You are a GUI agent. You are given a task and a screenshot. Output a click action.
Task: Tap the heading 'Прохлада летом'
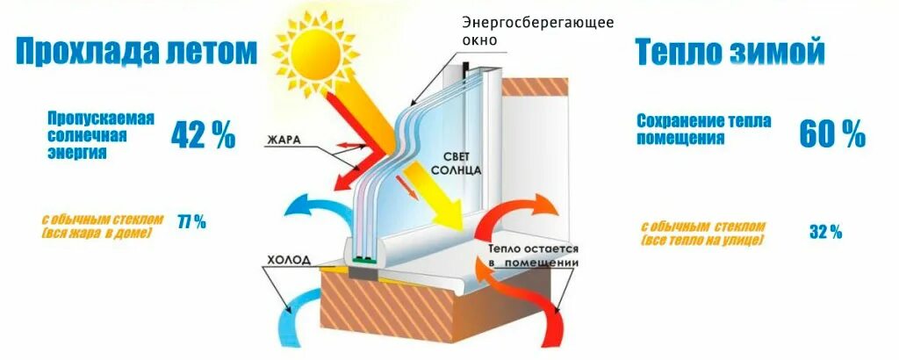click(136, 51)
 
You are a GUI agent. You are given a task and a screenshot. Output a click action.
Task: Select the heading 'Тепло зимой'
click(730, 53)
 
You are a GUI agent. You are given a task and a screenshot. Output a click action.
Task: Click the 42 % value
click(203, 134)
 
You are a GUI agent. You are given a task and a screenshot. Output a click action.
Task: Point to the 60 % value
click(831, 133)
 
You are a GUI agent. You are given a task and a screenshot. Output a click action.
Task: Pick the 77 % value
click(192, 222)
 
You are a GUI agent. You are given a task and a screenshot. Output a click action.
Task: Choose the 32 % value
click(825, 232)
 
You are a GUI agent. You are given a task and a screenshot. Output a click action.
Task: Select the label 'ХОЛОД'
click(286, 260)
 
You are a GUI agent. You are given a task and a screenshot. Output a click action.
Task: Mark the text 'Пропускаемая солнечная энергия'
click(99, 134)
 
